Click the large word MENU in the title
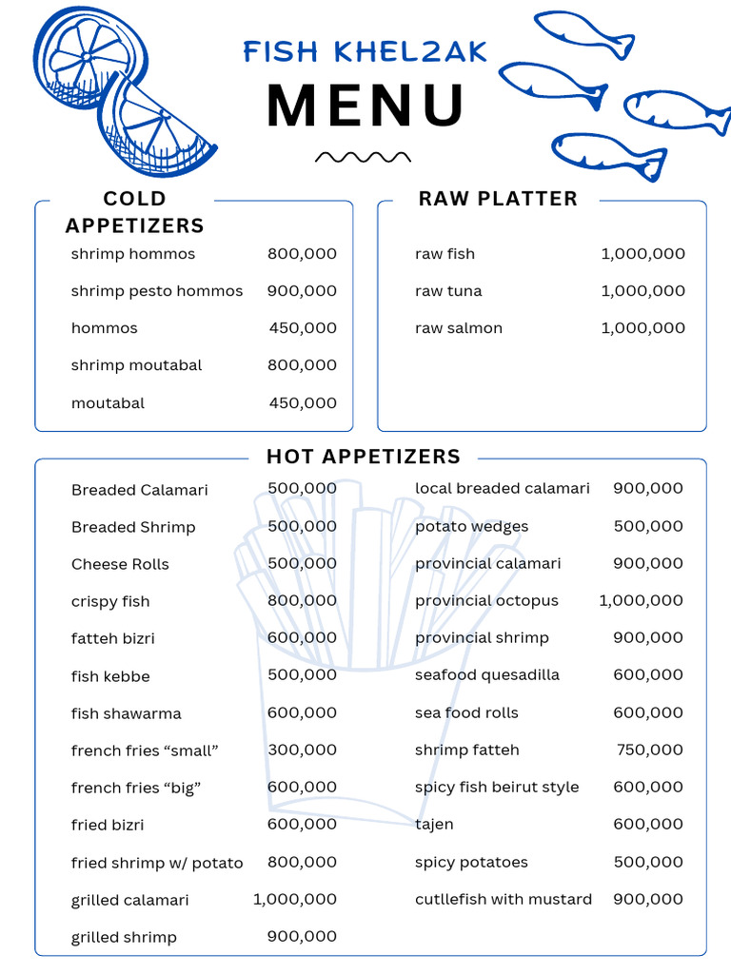[365, 106]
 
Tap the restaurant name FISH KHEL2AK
[365, 51]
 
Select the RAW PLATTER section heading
[498, 199]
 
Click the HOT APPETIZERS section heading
[364, 457]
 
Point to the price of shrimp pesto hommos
[302, 291]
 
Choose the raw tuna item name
[448, 291]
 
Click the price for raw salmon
[642, 328]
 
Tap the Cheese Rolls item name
[120, 564]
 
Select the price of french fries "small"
[302, 750]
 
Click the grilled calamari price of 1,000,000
[294, 899]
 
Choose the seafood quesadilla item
[486, 675]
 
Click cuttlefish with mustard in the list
[503, 899]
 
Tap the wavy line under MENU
[363, 157]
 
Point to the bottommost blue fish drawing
[607, 153]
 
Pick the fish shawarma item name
[126, 713]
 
